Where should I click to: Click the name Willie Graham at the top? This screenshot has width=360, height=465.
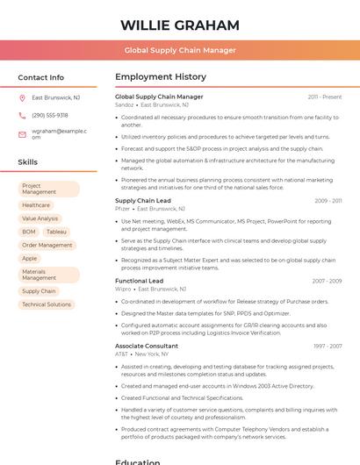[x=180, y=25]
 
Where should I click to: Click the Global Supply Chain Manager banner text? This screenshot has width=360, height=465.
[x=180, y=50]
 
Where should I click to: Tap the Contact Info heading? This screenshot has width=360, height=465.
[x=40, y=77]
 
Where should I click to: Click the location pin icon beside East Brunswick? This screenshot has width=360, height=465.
[x=22, y=97]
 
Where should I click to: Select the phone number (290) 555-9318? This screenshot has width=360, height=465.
[x=50, y=115]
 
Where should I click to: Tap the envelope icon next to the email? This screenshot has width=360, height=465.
[x=22, y=134]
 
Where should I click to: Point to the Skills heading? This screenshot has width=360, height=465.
[x=27, y=162]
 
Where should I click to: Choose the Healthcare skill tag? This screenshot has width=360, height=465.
[x=36, y=205]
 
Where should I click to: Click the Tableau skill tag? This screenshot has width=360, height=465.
[x=56, y=232]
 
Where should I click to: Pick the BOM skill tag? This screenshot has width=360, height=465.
[x=29, y=232]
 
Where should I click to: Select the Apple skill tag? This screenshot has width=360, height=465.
[x=30, y=258]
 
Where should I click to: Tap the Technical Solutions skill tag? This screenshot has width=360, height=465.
[x=47, y=304]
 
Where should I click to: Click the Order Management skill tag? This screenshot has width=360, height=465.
[x=47, y=245]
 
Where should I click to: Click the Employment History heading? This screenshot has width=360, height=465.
[x=161, y=77]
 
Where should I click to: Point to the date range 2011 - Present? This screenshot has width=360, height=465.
[x=325, y=97]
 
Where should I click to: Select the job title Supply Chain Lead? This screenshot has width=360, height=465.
[x=143, y=201]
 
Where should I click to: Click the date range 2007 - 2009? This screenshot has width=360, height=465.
[x=327, y=281]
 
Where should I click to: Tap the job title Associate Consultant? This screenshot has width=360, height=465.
[x=147, y=346]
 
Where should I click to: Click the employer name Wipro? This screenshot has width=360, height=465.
[x=123, y=289]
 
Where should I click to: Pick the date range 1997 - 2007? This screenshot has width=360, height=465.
[x=327, y=346]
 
